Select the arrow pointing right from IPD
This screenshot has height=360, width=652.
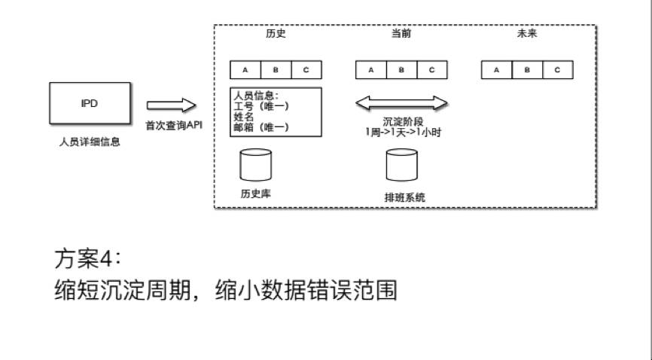(x=171, y=106)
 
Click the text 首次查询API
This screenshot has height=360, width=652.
(x=174, y=124)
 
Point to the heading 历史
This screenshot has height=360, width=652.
(x=276, y=35)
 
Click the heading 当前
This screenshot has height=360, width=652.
(x=401, y=35)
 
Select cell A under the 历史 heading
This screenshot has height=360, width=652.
(x=245, y=70)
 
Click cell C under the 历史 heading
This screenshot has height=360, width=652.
(x=306, y=70)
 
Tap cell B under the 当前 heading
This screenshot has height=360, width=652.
(x=401, y=70)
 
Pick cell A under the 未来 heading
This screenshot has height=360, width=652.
(x=496, y=70)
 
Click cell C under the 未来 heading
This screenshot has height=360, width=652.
(x=557, y=70)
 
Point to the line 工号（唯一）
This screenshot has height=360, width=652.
(x=262, y=106)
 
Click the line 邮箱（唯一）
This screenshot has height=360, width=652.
(x=262, y=128)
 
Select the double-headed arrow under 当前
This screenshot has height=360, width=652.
(x=401, y=103)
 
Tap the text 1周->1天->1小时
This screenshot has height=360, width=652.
(x=401, y=132)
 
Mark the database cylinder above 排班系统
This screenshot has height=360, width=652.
(x=401, y=166)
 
